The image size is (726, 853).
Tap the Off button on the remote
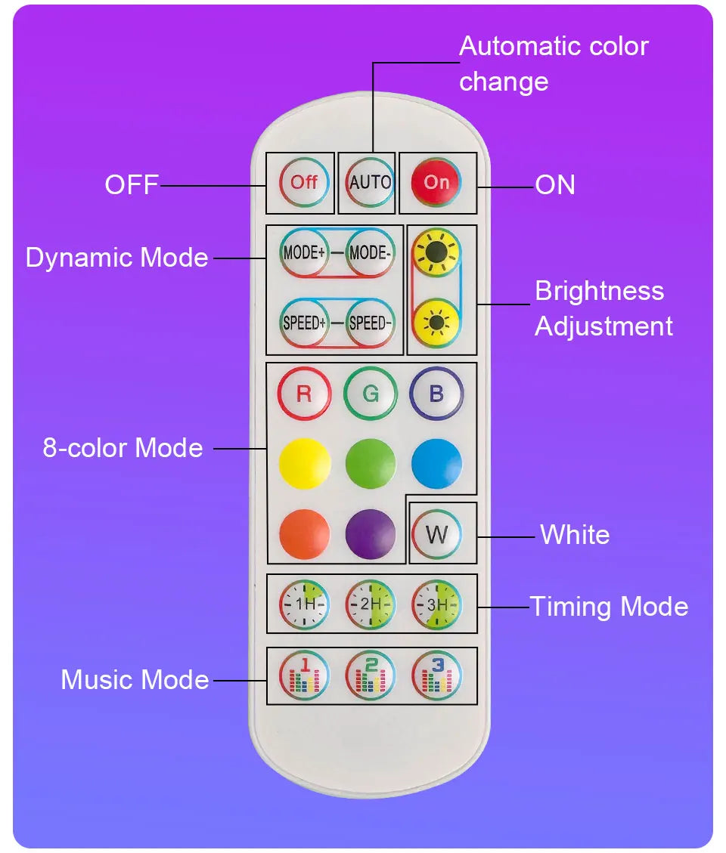point(305,183)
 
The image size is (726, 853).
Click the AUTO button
point(370,183)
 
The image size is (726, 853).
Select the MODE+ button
point(304,253)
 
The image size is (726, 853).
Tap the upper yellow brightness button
point(436,253)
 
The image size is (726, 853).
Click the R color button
point(304,394)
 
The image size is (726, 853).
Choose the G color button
point(370,394)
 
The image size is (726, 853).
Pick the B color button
point(436,394)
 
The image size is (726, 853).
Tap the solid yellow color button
point(304,463)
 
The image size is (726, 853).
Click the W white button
point(436,535)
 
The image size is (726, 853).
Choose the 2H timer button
point(370,604)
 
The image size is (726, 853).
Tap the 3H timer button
point(436,604)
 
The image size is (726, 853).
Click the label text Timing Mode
point(608,607)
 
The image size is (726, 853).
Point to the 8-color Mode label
point(123,448)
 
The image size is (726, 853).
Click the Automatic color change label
point(553,63)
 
